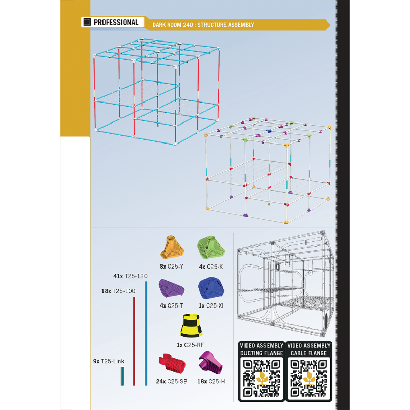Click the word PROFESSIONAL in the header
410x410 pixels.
(116, 22)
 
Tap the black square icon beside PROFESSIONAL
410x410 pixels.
(87, 22)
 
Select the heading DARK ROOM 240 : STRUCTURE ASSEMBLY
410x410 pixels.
(203, 25)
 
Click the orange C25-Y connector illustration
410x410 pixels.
(172, 248)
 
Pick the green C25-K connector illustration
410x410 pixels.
(211, 248)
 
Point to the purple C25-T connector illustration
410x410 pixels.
(172, 288)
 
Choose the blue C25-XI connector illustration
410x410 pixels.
(211, 288)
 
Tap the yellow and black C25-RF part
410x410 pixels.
(191, 325)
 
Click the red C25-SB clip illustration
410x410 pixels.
(172, 363)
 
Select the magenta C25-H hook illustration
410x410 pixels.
(211, 362)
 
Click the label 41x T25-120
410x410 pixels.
(131, 276)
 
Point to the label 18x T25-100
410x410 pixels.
(118, 291)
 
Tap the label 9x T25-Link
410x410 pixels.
(109, 361)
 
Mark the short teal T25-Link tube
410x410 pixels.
(122, 376)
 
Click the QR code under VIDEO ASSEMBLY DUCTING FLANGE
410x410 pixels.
(261, 378)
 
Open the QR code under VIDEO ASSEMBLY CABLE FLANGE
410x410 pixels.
(309, 378)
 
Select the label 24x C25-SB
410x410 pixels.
(172, 381)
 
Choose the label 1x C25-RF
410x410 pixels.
(190, 345)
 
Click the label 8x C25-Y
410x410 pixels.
(172, 266)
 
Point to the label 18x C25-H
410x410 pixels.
(211, 381)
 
